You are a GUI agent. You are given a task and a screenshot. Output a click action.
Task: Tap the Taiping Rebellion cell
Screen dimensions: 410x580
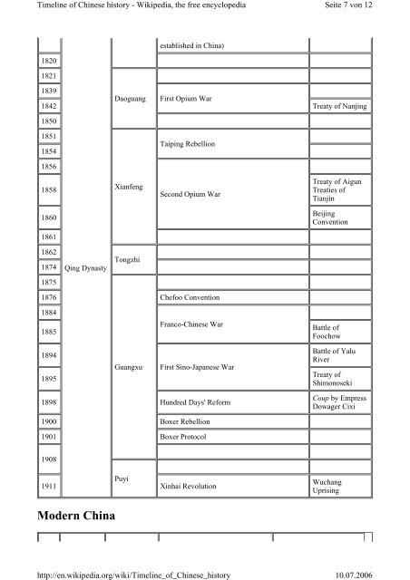click(187, 144)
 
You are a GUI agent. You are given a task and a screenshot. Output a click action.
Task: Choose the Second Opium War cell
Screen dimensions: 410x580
click(190, 194)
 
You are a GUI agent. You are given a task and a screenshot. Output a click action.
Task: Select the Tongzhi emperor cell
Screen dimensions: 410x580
click(130, 260)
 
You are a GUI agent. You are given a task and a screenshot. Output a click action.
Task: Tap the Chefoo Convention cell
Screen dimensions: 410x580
click(194, 297)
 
